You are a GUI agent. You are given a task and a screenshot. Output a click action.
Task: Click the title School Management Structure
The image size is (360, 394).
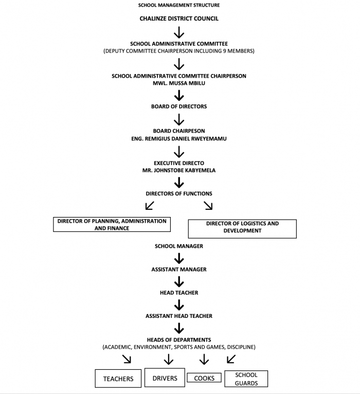point(179,5)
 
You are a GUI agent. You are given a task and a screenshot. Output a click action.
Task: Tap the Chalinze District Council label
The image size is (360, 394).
point(179,19)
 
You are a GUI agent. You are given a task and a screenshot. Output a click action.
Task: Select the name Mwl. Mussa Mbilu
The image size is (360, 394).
point(179,83)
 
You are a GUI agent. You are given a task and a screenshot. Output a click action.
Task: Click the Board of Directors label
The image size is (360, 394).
point(179,106)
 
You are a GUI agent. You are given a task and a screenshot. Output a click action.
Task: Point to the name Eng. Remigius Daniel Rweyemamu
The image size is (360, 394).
point(179,139)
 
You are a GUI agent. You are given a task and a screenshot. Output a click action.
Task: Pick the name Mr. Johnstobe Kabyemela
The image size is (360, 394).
point(179,170)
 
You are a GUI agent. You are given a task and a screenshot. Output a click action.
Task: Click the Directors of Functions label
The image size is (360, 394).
point(179,194)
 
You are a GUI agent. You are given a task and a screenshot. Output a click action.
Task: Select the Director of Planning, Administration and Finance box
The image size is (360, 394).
point(112,224)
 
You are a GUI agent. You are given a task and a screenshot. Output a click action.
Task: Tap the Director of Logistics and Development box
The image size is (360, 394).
point(242,229)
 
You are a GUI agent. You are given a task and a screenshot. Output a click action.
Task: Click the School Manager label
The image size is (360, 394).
point(179,246)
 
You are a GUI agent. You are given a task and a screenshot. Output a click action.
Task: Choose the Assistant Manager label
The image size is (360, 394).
point(179,270)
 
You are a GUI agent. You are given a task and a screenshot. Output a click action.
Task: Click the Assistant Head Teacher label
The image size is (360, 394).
point(179,316)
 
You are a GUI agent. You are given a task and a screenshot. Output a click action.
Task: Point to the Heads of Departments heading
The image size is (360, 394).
point(179,340)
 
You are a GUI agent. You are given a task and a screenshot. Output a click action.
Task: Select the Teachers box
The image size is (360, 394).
point(118,379)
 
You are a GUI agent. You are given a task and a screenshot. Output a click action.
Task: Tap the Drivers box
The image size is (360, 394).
point(165,378)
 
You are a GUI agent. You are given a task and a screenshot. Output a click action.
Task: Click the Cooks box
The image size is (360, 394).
point(204,378)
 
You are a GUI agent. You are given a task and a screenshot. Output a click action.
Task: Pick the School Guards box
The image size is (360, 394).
point(246,379)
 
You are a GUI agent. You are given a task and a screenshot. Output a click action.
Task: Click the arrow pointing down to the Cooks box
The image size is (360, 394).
point(204,360)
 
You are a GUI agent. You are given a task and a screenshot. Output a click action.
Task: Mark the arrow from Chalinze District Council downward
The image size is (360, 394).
point(179,32)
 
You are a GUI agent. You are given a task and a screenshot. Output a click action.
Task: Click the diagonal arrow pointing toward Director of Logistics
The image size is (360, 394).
point(208,205)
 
